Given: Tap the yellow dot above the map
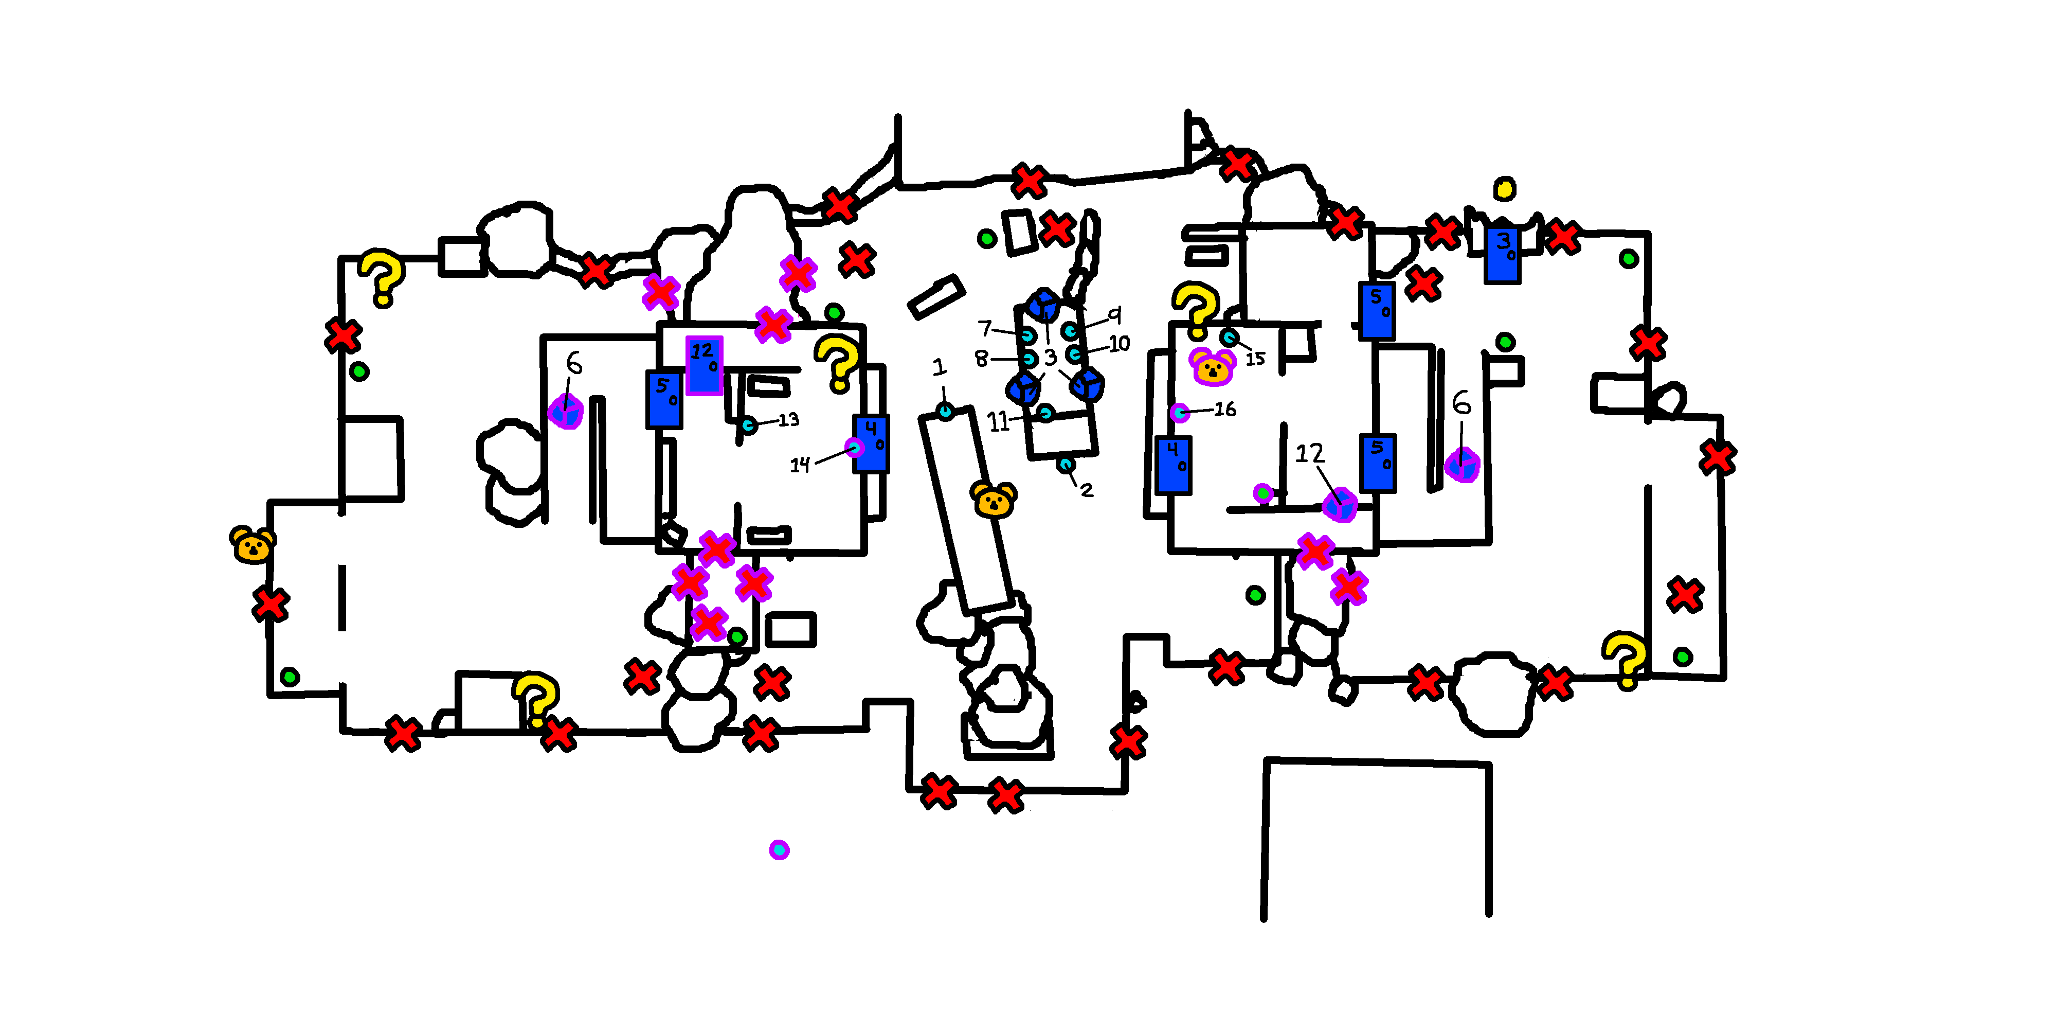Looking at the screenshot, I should tap(1504, 188).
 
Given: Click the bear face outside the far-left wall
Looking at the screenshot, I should tap(252, 545).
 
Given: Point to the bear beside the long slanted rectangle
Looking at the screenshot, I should tap(994, 500).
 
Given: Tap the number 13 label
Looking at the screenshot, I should tap(788, 419).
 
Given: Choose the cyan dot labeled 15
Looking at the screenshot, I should tap(1230, 337).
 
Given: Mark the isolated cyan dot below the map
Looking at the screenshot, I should tap(780, 849).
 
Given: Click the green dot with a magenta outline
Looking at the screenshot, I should tap(1262, 493).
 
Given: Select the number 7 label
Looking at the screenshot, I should tap(985, 328).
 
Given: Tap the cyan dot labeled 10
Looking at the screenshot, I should tap(1075, 353).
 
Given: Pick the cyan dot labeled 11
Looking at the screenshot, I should tap(1045, 413).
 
